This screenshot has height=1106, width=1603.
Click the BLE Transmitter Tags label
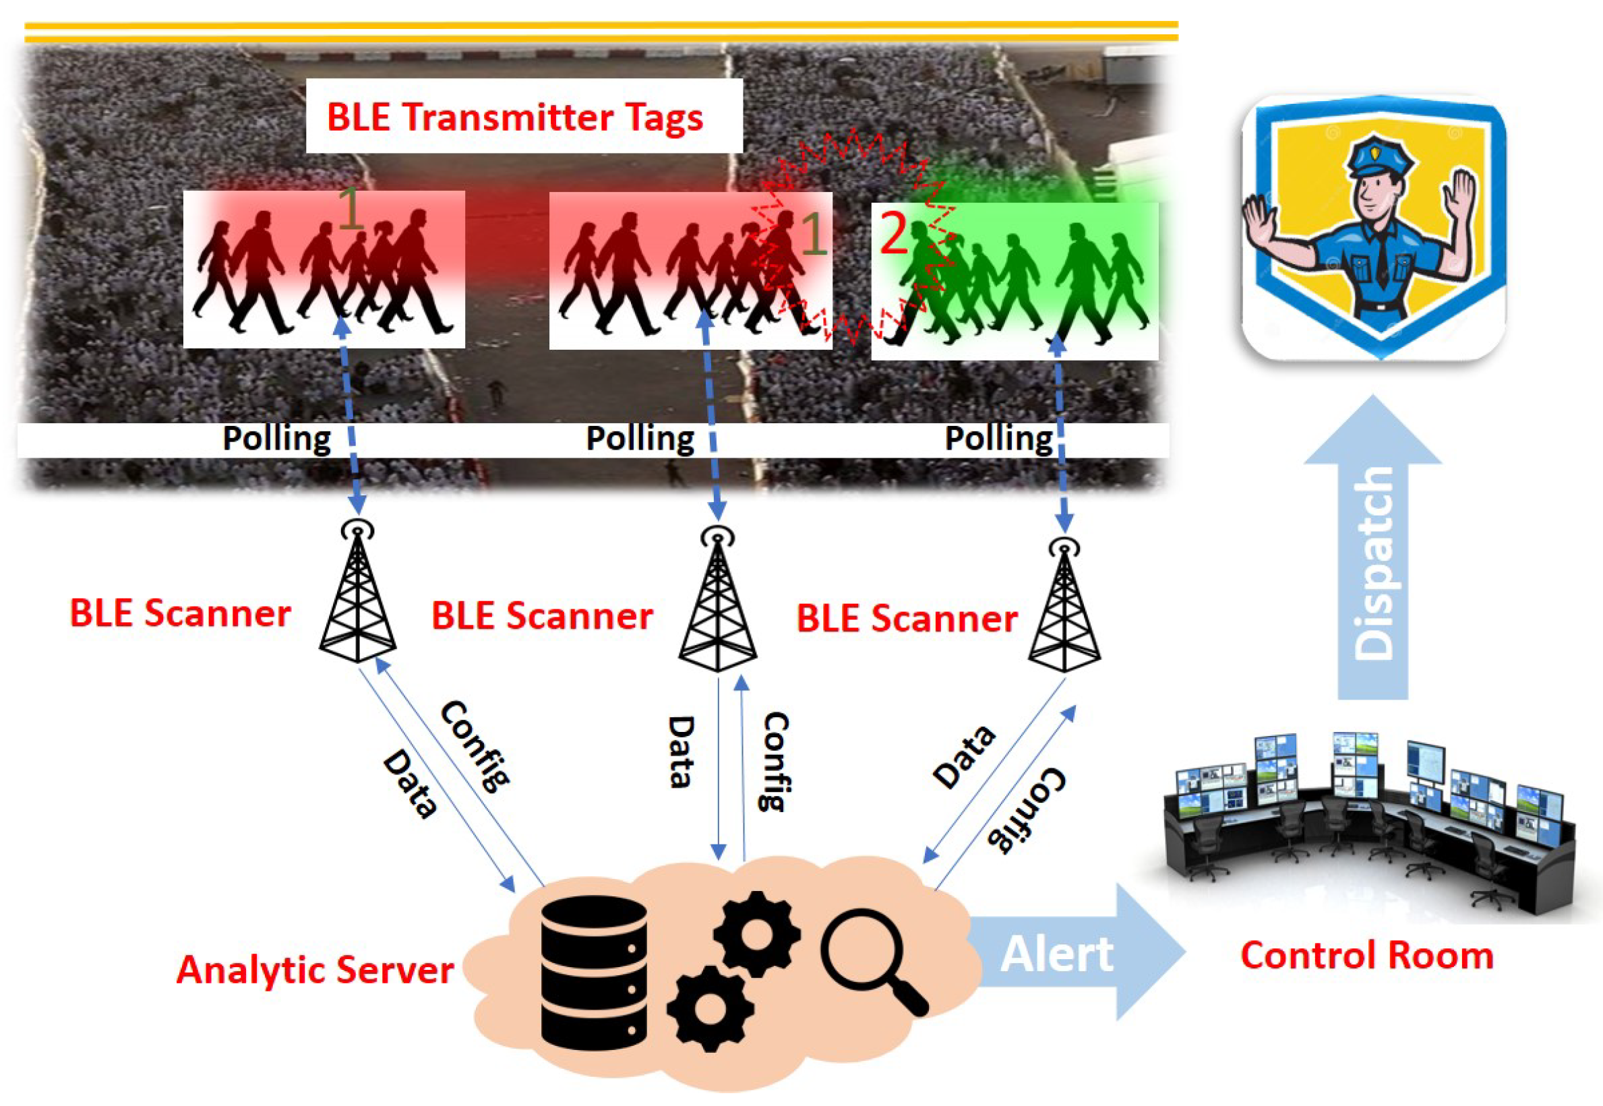click(x=514, y=117)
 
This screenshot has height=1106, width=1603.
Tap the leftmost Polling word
click(x=276, y=439)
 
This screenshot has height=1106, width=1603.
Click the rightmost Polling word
click(x=998, y=439)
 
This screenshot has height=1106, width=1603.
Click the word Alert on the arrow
click(x=1057, y=955)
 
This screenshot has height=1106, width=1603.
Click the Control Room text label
click(x=1366, y=956)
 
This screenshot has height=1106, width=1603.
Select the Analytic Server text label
click(x=315, y=969)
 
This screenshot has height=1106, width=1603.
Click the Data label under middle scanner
click(x=681, y=752)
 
